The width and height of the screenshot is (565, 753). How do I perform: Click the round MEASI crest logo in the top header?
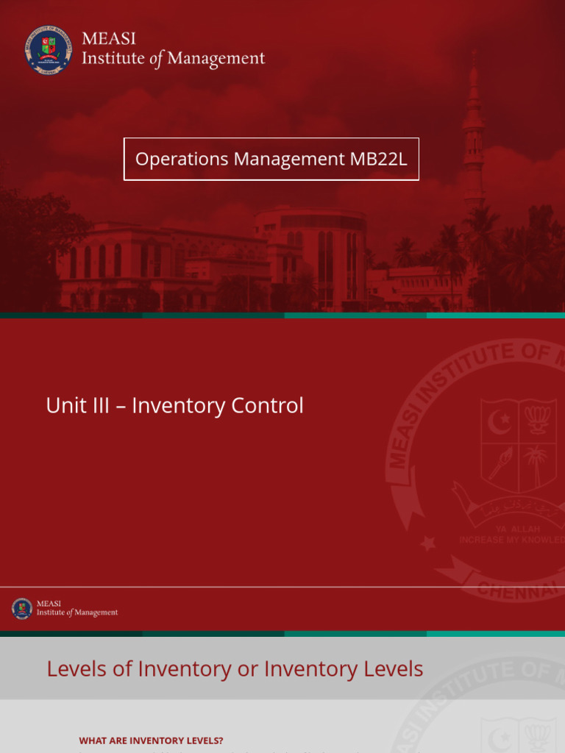click(x=49, y=49)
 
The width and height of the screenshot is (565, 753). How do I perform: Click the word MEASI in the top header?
click(x=108, y=39)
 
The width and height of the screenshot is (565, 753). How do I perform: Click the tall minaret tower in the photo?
click(x=473, y=132)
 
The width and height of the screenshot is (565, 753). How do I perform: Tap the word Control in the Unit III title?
click(x=267, y=406)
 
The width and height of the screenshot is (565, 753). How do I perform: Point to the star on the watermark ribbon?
click(x=427, y=543)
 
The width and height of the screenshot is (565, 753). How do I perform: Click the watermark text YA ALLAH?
click(x=518, y=529)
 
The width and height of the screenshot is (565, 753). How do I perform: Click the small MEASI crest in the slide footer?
click(x=22, y=608)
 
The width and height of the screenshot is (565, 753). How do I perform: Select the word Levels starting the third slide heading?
click(x=77, y=669)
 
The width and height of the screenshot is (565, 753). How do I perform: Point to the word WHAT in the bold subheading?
click(x=93, y=740)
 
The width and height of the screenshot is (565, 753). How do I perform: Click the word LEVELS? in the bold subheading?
click(x=204, y=740)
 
